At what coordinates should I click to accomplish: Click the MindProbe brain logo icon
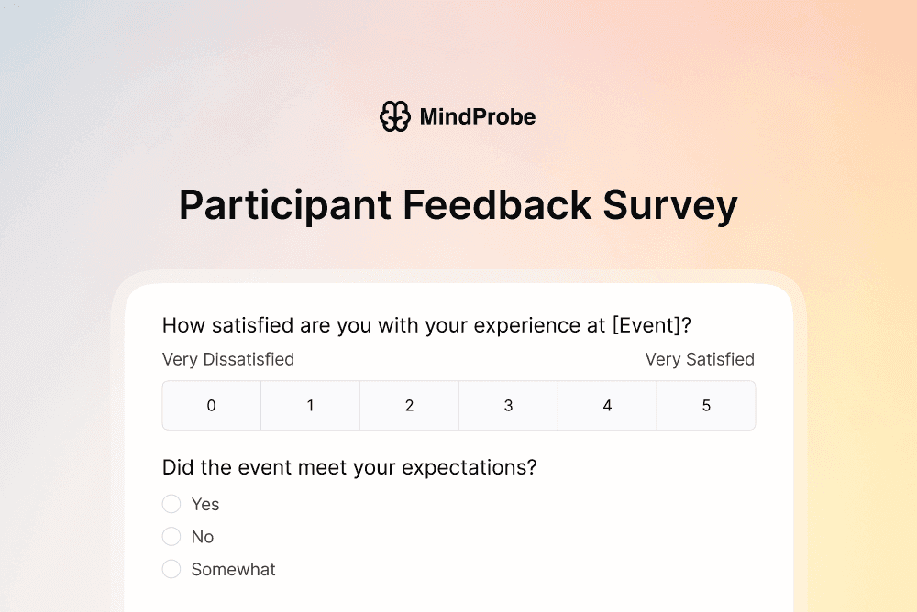394,116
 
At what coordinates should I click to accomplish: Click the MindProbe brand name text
477,117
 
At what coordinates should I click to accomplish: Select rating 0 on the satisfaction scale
212,406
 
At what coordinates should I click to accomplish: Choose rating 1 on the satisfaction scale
311,406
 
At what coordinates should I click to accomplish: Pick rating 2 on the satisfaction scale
410,406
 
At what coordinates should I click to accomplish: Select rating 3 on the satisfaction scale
509,406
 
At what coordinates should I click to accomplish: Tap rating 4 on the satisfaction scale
607,406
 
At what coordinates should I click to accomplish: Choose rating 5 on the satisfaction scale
706,406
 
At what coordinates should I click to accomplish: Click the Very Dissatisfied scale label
228,359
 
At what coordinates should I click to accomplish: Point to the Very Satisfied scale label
700,359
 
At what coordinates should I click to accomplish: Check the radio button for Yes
171,504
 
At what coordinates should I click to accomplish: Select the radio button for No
171,537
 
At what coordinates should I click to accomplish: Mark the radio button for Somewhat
171,569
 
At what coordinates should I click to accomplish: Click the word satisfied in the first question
256,325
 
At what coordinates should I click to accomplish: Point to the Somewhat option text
233,569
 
